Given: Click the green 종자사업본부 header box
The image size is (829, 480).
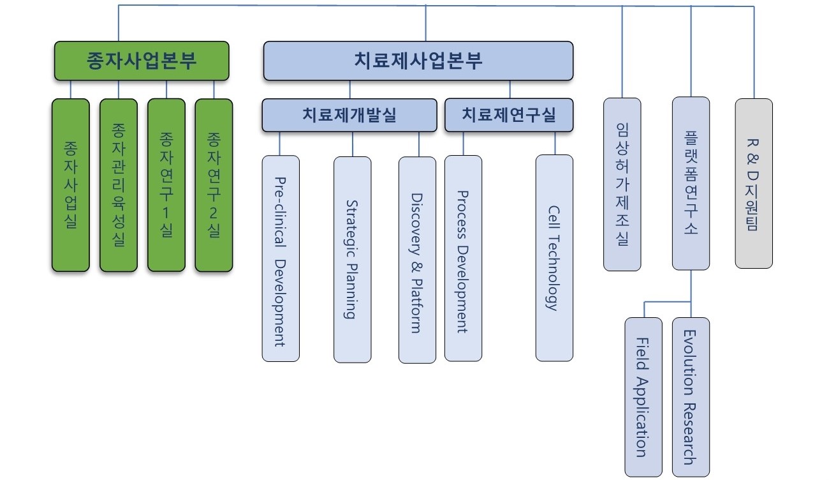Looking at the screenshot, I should pyautogui.click(x=141, y=61).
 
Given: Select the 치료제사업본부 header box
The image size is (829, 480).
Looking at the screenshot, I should pyautogui.click(x=418, y=61).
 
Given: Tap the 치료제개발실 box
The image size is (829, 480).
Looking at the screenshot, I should pyautogui.click(x=349, y=115).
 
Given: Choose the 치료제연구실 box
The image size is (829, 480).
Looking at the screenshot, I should pyautogui.click(x=509, y=115).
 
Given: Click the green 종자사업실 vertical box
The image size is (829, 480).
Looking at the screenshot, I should pyautogui.click(x=70, y=185).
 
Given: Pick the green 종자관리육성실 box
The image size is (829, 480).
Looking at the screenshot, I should pyautogui.click(x=118, y=185).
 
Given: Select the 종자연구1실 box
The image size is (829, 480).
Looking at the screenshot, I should pyautogui.click(x=166, y=185).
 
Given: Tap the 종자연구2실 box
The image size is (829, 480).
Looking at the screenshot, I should pyautogui.click(x=214, y=185).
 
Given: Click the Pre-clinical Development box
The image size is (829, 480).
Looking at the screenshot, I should pyautogui.click(x=280, y=259).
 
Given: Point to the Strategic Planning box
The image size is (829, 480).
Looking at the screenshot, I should pyautogui.click(x=352, y=259).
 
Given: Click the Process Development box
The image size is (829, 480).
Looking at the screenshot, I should pyautogui.click(x=463, y=259).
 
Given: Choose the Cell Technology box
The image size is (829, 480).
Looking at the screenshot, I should pyautogui.click(x=554, y=259).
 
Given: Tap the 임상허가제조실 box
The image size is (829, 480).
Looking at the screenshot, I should pyautogui.click(x=622, y=184).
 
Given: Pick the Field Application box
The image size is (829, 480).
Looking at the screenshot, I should pyautogui.click(x=643, y=397).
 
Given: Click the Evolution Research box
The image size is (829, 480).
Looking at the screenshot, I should pyautogui.click(x=691, y=397).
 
